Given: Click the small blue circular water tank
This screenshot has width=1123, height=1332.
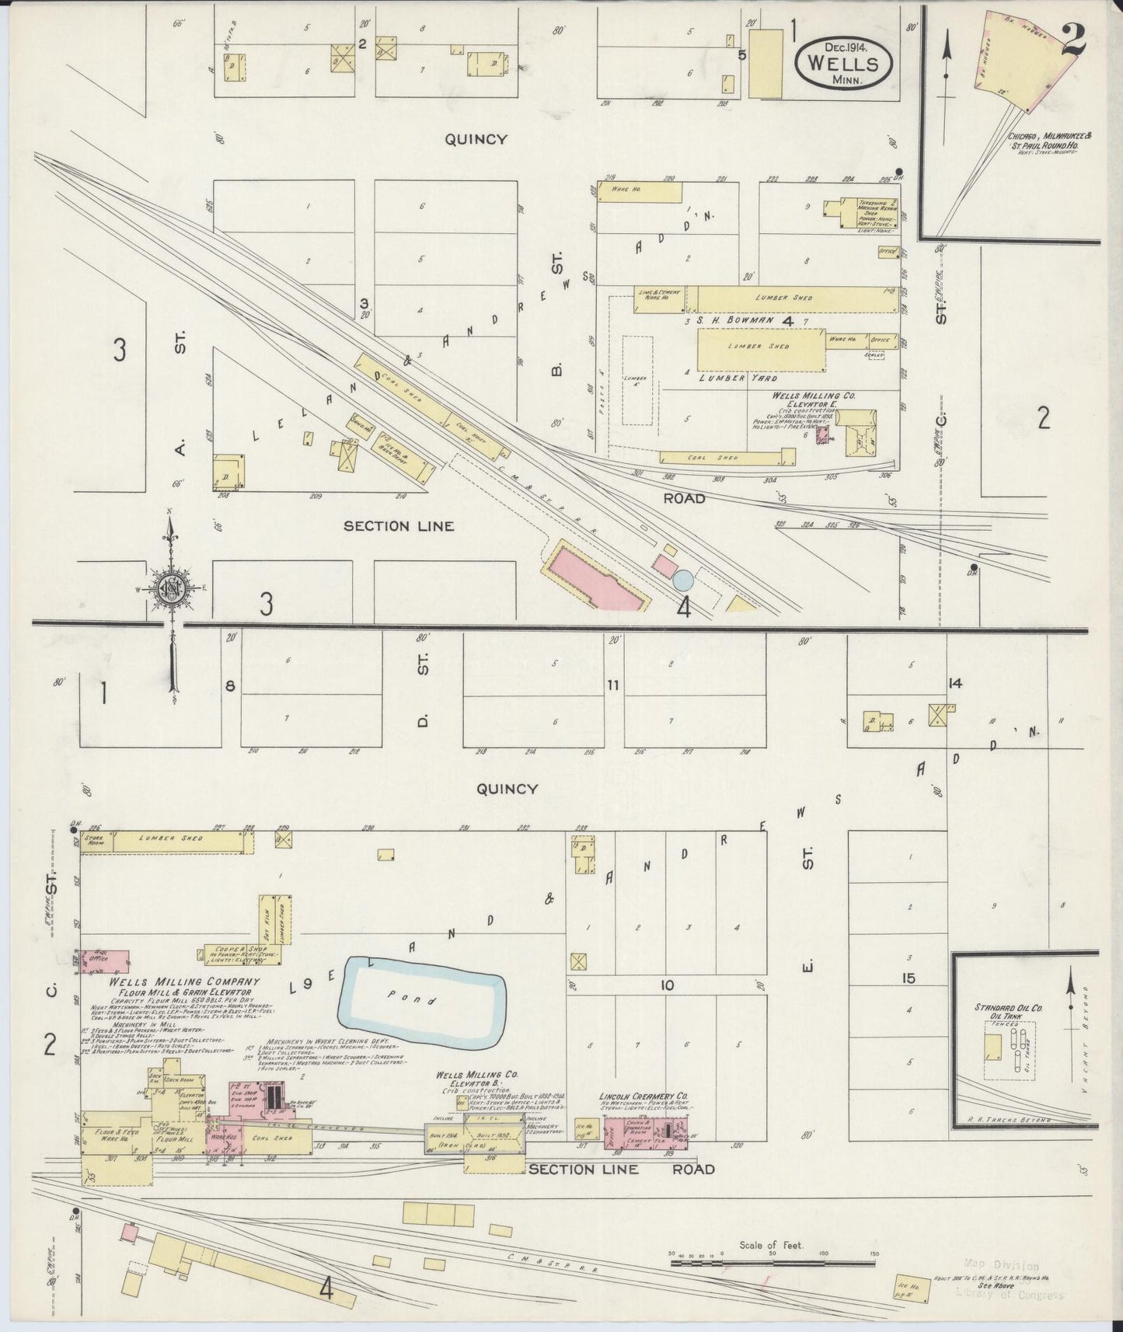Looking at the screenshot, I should pos(682,579).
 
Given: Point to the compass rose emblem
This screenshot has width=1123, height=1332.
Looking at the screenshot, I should pos(170,585).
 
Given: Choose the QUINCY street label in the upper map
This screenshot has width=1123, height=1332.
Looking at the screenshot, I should pos(476,140).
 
